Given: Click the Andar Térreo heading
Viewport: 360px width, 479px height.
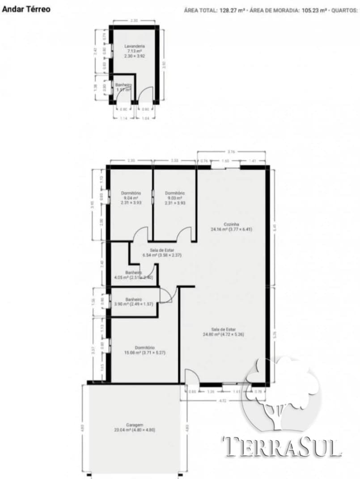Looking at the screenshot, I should [26, 9].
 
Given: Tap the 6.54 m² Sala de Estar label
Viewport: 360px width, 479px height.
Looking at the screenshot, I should [162, 252].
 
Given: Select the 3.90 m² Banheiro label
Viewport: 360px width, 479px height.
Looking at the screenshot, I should [133, 302].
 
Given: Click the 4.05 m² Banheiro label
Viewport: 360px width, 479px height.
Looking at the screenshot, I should [133, 275].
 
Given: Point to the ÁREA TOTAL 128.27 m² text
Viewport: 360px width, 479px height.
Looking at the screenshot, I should [214, 9].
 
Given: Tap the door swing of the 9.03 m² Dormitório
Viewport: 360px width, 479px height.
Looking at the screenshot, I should [184, 234].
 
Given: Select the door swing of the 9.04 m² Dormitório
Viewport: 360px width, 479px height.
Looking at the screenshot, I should [141, 234].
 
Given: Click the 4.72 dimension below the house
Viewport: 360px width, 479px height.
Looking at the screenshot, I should [222, 401].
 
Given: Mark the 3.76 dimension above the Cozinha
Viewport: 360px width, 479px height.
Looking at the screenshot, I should [232, 152].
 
